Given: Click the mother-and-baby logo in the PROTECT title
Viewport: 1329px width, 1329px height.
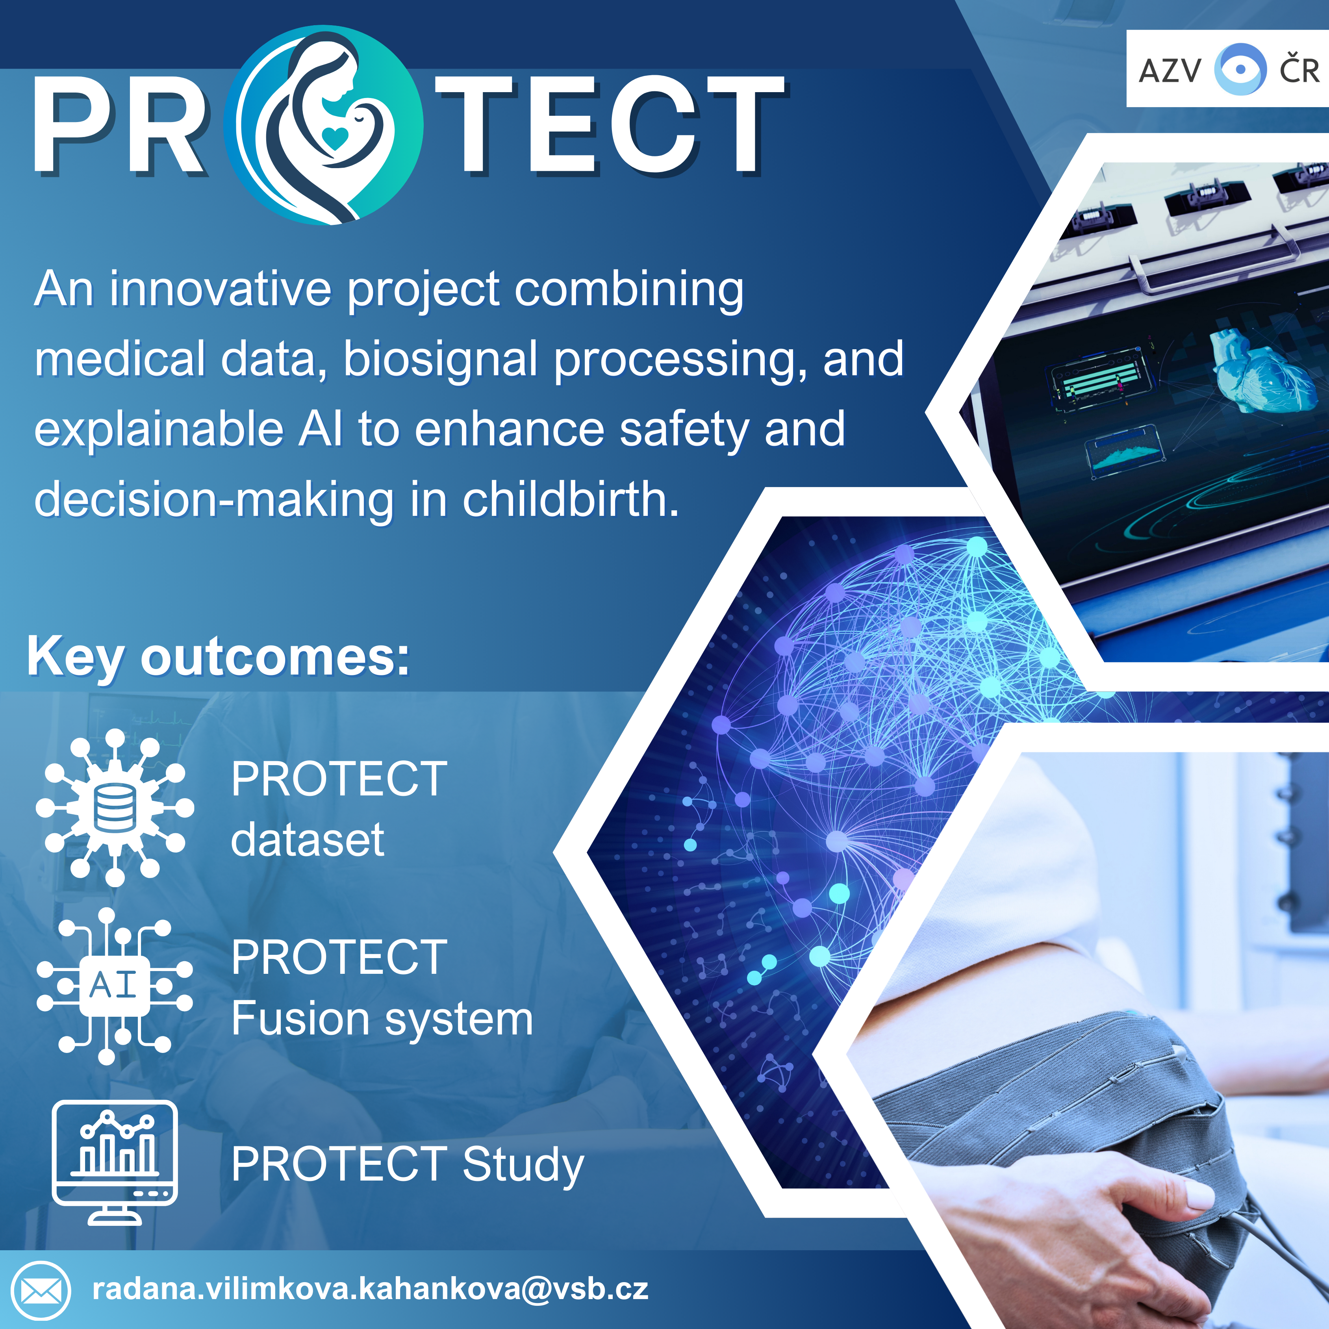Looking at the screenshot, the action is pos(323,125).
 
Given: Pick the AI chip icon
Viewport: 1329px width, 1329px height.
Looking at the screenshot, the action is pos(115,986).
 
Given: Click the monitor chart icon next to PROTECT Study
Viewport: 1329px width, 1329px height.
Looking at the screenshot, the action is pos(115,1162).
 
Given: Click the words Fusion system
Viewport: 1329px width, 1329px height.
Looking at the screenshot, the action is pos(382,1019).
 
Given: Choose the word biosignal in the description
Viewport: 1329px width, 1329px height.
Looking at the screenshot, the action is pos(440,360).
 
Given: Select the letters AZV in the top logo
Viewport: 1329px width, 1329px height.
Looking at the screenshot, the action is pos(1170,70).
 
